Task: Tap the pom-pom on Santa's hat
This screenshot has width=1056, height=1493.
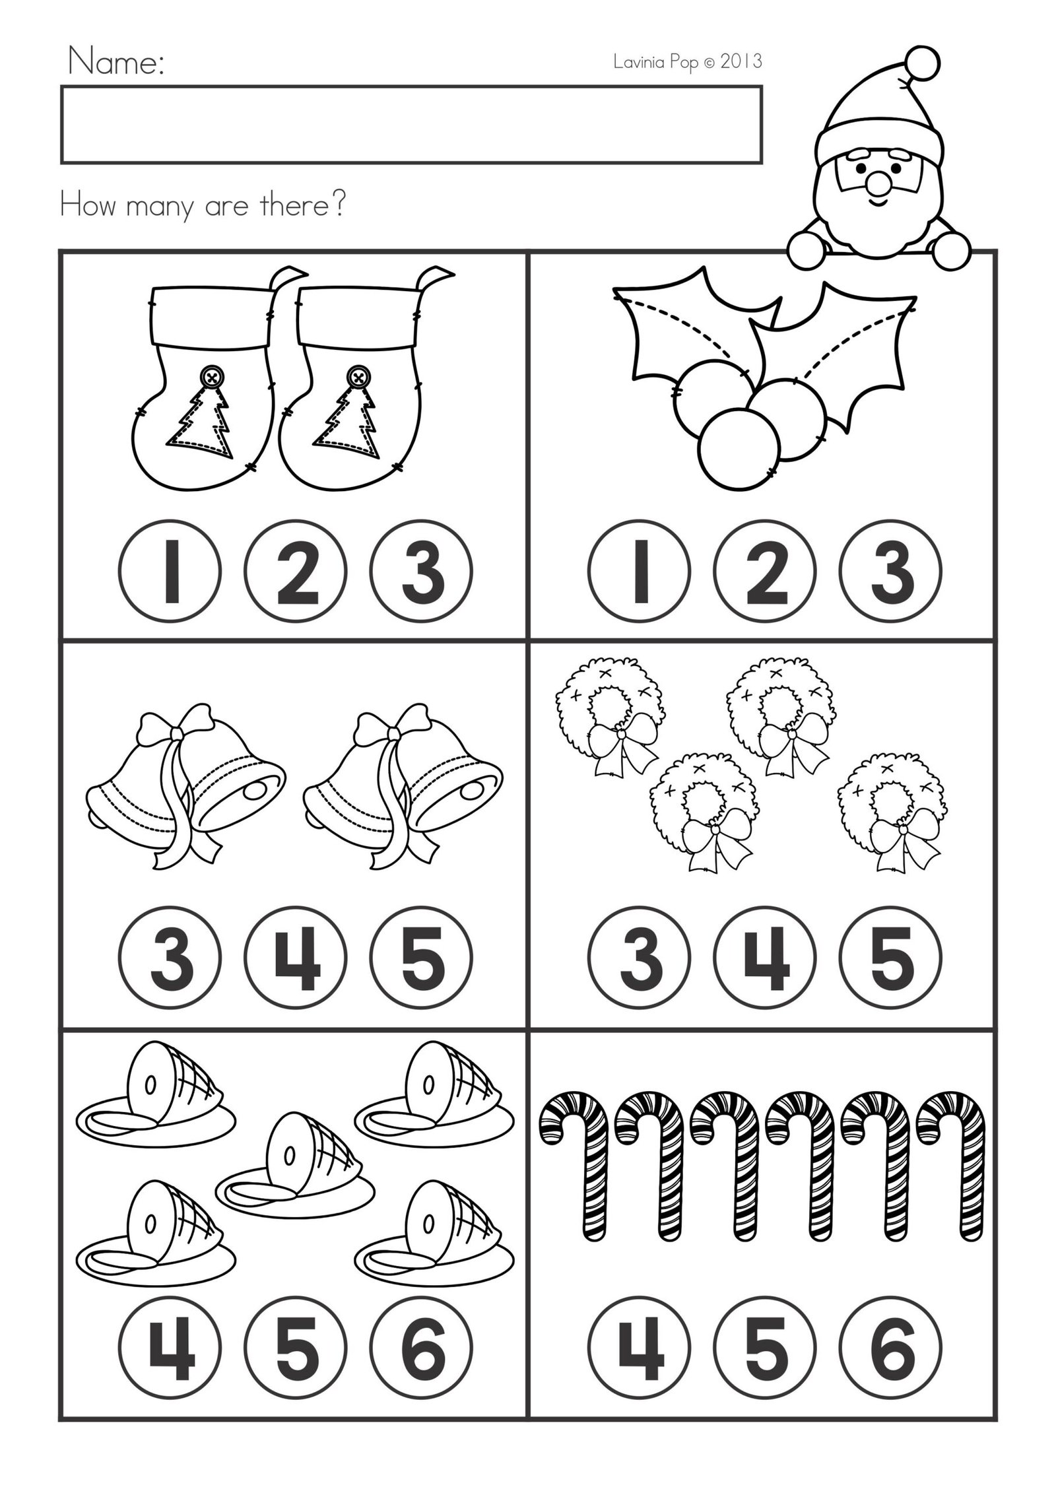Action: pos(921,63)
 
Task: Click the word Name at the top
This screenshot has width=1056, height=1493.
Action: pos(116,64)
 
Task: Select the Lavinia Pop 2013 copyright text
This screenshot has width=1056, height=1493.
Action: pos(687,62)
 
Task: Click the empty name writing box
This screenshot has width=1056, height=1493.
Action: pos(411,124)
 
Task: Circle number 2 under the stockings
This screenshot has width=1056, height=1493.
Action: pos(294,572)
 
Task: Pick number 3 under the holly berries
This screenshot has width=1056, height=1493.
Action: pos(890,572)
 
